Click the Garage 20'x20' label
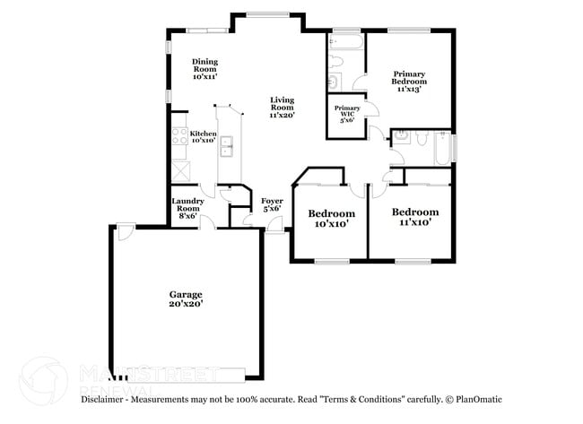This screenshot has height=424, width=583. [x=187, y=299]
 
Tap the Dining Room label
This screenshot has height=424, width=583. [x=205, y=69]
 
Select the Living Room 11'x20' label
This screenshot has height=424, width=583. [x=283, y=108]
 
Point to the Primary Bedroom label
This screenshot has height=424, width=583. [x=408, y=81]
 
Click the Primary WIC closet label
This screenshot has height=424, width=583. [x=346, y=113]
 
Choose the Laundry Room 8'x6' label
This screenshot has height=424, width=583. [x=187, y=207]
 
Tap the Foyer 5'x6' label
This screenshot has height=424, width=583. [x=272, y=204]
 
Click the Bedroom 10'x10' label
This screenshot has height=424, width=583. [x=331, y=219]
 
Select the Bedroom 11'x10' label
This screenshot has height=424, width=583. [x=415, y=216]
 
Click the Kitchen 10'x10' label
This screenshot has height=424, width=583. [x=203, y=136]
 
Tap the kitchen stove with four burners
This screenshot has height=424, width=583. [x=178, y=138]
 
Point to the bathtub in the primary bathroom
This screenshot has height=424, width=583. [x=345, y=43]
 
